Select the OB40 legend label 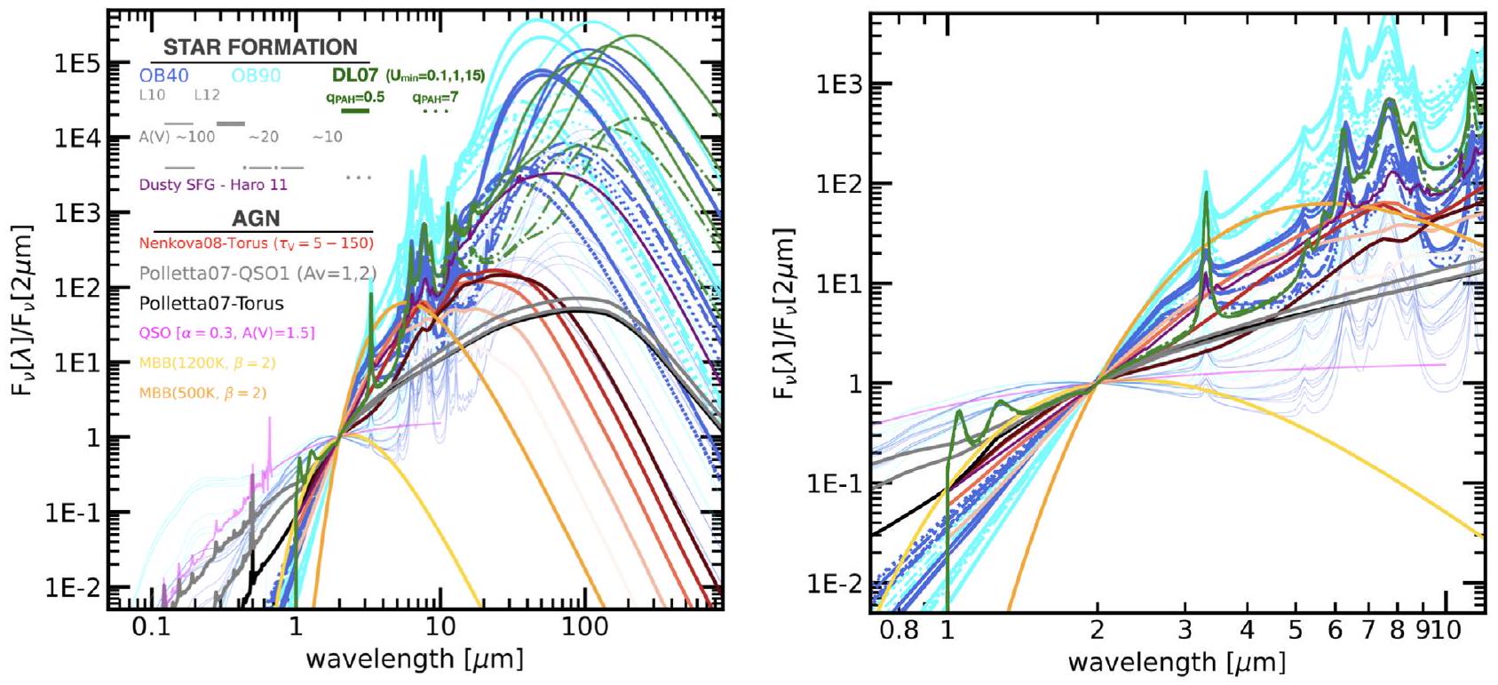click(x=163, y=76)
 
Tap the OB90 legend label click(x=257, y=76)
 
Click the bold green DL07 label click(x=355, y=75)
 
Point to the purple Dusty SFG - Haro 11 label click(x=213, y=185)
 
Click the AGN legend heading click(x=256, y=219)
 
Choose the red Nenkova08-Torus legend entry click(x=257, y=243)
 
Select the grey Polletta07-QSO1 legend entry click(x=258, y=273)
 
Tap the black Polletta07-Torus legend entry click(x=211, y=303)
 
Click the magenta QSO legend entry click(x=226, y=332)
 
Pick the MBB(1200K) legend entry click(x=202, y=362)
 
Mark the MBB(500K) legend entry click(x=202, y=392)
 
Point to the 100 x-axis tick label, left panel click(x=583, y=627)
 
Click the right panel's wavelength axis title click(x=1176, y=662)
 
